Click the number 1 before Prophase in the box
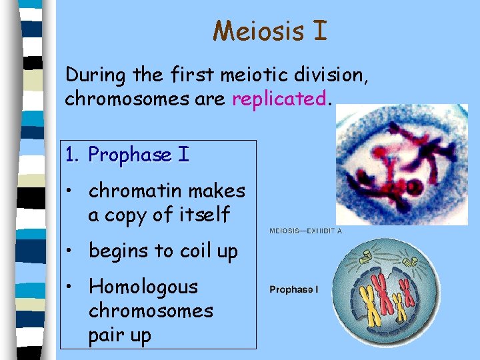(71, 155)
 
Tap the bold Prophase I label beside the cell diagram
(293, 289)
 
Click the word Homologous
(143, 287)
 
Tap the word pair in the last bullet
(108, 335)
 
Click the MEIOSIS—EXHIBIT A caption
(306, 231)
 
